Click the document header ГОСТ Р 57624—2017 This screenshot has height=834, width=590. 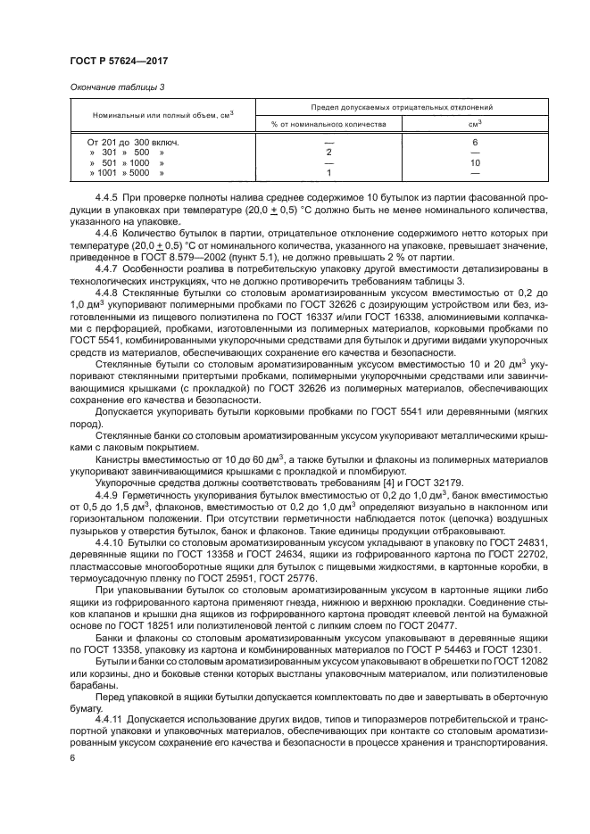[x=118, y=60]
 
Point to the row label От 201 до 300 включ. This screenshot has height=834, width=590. [x=133, y=142]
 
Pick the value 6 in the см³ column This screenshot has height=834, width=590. [x=475, y=142]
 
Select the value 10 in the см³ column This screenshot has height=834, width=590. [x=475, y=163]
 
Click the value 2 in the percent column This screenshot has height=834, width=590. [x=329, y=153]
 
